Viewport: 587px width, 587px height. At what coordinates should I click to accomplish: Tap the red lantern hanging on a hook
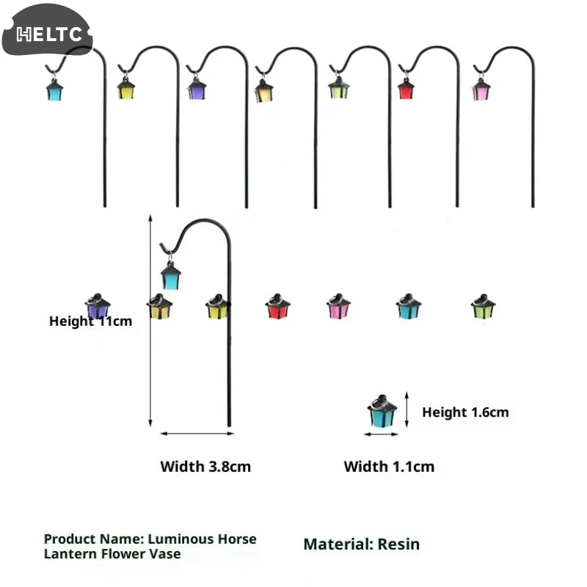pyautogui.click(x=406, y=89)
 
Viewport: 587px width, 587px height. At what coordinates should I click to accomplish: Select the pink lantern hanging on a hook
pyautogui.click(x=481, y=90)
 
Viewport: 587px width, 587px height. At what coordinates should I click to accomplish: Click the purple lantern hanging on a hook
pyautogui.click(x=197, y=89)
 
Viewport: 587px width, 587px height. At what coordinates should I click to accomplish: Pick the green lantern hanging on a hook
pyautogui.click(x=339, y=88)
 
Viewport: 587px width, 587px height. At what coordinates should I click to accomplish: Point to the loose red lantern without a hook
pyautogui.click(x=278, y=306)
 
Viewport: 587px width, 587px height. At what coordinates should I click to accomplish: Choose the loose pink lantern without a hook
pyautogui.click(x=338, y=306)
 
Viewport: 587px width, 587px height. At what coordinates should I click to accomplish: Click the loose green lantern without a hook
pyautogui.click(x=483, y=306)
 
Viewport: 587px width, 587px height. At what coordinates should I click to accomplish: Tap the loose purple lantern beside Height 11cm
pyautogui.click(x=98, y=306)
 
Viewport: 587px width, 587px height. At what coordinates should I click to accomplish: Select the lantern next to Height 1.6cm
pyautogui.click(x=382, y=411)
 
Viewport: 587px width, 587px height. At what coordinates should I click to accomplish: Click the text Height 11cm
pyautogui.click(x=90, y=321)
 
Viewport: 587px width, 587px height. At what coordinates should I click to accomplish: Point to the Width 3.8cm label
pyautogui.click(x=205, y=467)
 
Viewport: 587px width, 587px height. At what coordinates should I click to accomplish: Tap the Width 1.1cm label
pyautogui.click(x=389, y=467)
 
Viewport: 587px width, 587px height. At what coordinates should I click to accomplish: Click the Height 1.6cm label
pyautogui.click(x=465, y=412)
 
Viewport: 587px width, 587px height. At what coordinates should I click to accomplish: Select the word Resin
pyautogui.click(x=398, y=544)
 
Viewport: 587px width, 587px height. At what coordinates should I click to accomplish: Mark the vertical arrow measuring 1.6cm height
pyautogui.click(x=407, y=409)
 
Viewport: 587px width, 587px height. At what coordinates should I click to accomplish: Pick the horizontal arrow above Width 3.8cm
pyautogui.click(x=197, y=434)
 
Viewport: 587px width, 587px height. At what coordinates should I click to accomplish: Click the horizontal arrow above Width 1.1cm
pyautogui.click(x=381, y=434)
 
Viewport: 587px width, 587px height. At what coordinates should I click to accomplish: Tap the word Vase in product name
pyautogui.click(x=165, y=554)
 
